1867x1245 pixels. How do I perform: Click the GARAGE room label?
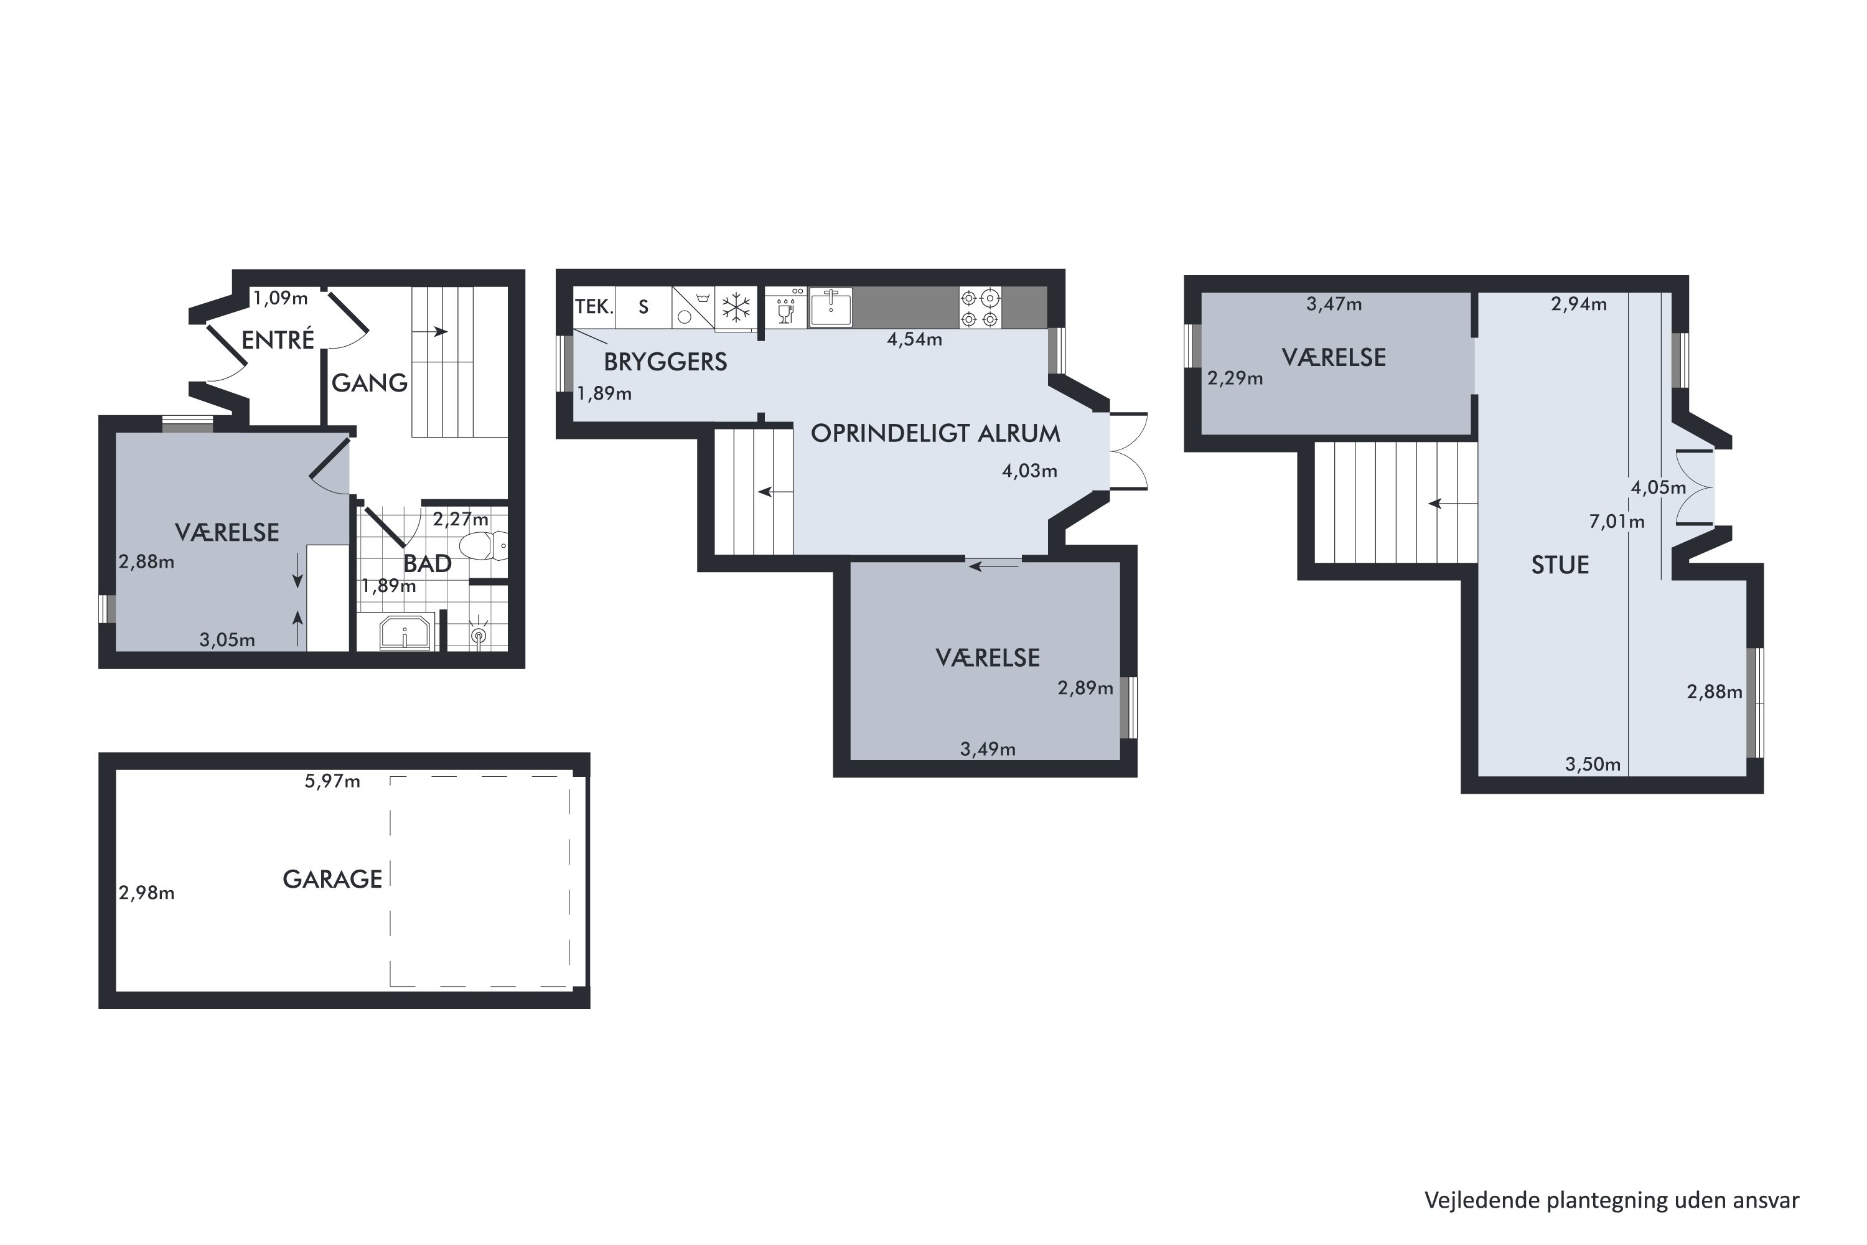click(332, 879)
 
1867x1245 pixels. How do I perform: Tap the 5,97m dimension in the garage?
click(332, 781)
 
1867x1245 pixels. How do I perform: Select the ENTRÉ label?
click(278, 340)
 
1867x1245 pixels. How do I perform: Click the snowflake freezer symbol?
click(736, 308)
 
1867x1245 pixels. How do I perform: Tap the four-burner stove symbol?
click(980, 308)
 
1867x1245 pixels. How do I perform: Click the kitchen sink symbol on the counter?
click(830, 308)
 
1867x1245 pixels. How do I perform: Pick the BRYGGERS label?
click(665, 362)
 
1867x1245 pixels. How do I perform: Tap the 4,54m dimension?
click(914, 340)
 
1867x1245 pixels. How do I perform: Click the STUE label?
click(1560, 565)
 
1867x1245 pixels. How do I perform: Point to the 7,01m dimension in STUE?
click(1616, 522)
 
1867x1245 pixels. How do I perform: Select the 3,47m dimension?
click(1334, 304)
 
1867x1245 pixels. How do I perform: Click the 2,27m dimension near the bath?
click(461, 519)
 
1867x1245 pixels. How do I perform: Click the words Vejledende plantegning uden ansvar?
click(1611, 1201)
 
